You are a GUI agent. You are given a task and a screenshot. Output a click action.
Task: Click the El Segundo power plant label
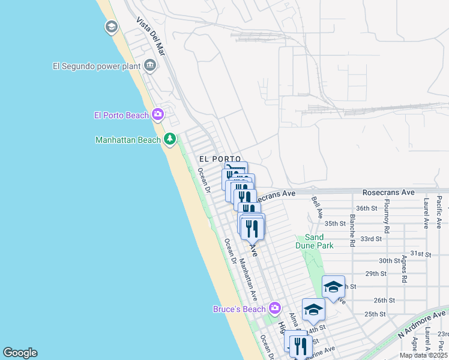[x=96, y=67]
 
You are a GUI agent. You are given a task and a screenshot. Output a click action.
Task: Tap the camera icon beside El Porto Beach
[x=158, y=114]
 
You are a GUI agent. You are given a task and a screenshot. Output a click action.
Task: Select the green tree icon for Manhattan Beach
[x=170, y=139]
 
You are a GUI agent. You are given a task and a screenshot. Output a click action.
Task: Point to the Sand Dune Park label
[x=314, y=241]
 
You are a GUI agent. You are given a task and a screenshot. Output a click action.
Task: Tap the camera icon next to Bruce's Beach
[x=275, y=308]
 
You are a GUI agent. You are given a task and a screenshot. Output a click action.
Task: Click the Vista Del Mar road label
[x=150, y=37]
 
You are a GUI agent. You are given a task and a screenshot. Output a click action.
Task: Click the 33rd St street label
[x=371, y=238]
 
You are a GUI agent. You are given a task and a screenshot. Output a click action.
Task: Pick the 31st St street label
[x=421, y=254]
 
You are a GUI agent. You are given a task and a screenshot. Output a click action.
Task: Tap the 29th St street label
[x=375, y=274]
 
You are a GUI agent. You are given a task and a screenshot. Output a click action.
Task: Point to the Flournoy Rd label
[x=387, y=216]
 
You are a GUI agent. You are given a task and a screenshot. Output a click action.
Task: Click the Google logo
[x=20, y=353]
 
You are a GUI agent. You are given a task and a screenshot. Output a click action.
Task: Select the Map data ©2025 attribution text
[x=423, y=355]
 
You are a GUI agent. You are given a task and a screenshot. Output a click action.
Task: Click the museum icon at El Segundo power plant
[x=149, y=66]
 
